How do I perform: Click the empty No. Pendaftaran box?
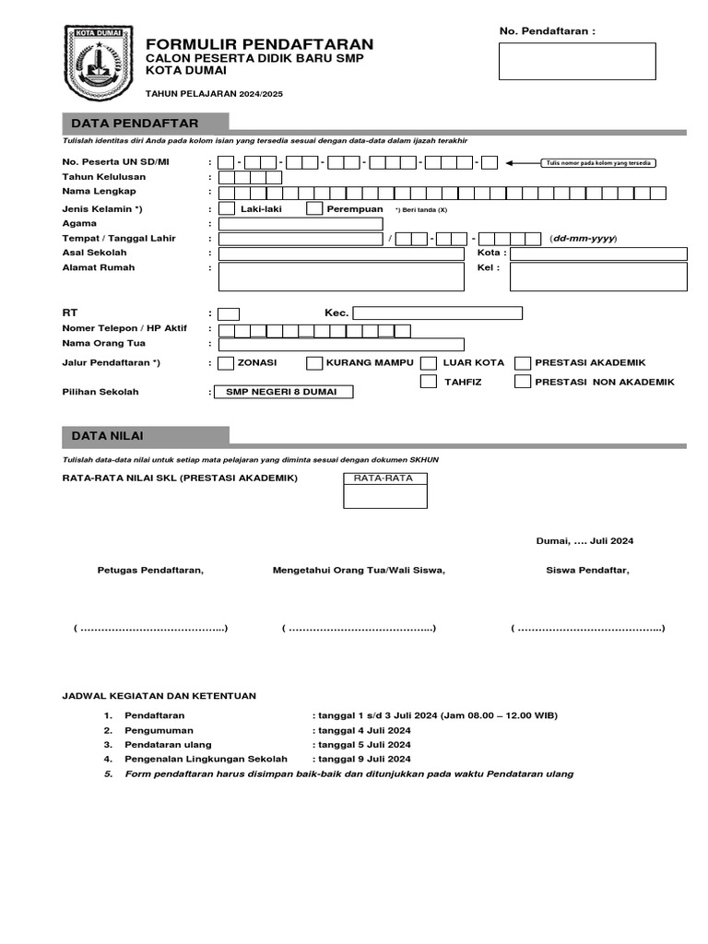(577, 61)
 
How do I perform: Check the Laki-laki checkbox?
(226, 208)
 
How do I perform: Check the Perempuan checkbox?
(313, 208)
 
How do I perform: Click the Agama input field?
(300, 224)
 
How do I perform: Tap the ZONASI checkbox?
(226, 363)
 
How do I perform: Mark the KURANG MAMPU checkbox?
(314, 363)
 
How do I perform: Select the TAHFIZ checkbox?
(428, 382)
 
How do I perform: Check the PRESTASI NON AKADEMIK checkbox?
(523, 382)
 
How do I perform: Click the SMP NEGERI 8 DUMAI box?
(283, 392)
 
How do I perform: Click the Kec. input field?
(437, 313)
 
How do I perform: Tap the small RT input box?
(229, 313)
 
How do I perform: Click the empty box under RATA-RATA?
(384, 496)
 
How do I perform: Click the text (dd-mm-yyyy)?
(583, 239)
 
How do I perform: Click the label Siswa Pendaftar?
(587, 570)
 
